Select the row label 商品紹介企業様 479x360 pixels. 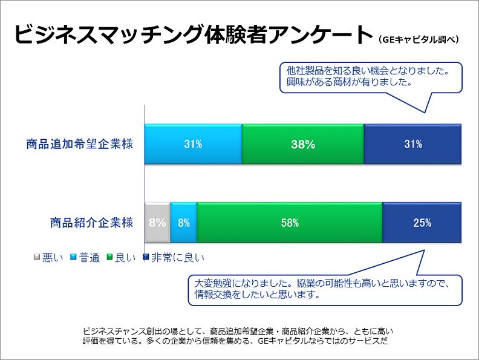point(91,222)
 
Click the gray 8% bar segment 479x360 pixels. point(157,222)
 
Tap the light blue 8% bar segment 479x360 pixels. point(184,222)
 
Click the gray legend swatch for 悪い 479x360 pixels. point(37,257)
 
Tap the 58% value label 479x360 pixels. point(290,222)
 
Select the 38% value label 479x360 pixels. point(302,145)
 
